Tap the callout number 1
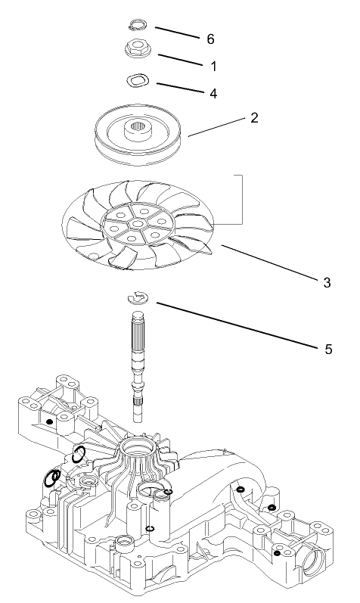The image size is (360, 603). tap(213, 67)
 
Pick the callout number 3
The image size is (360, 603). tap(327, 282)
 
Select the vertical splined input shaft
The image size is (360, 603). tap(141, 363)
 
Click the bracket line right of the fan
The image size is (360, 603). tap(241, 198)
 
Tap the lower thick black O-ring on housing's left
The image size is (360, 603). tap(52, 478)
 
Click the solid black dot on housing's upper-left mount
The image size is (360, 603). tap(49, 421)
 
